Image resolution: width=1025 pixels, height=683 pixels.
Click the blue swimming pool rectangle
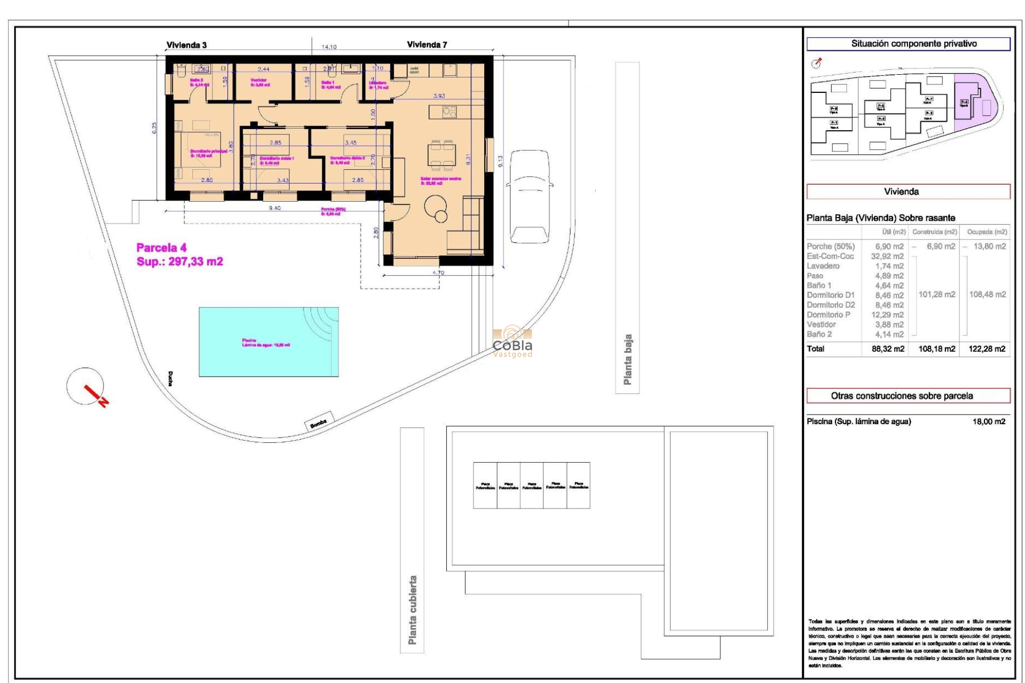coord(268,341)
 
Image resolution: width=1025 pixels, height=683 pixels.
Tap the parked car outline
coord(529,196)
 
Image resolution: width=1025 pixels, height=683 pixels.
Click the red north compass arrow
coord(96,395)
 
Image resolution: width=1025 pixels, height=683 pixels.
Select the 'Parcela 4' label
coord(161,248)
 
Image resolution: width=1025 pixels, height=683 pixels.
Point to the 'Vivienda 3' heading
coord(186,45)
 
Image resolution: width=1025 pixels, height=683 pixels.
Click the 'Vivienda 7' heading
coord(427,45)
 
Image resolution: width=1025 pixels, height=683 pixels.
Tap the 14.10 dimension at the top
coord(329,47)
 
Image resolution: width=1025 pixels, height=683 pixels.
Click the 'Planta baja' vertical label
coord(628,359)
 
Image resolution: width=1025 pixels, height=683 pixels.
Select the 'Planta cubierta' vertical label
coord(412,609)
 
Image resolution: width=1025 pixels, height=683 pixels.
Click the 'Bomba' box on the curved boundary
coord(319,421)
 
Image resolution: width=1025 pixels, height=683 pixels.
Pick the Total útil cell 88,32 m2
coord(887,349)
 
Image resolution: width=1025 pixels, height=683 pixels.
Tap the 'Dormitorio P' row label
coord(828,315)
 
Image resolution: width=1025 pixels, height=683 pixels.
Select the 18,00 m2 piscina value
coord(988,422)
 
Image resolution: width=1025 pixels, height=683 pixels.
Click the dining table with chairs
coord(441,154)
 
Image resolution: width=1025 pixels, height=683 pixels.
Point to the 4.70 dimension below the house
coord(438,273)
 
